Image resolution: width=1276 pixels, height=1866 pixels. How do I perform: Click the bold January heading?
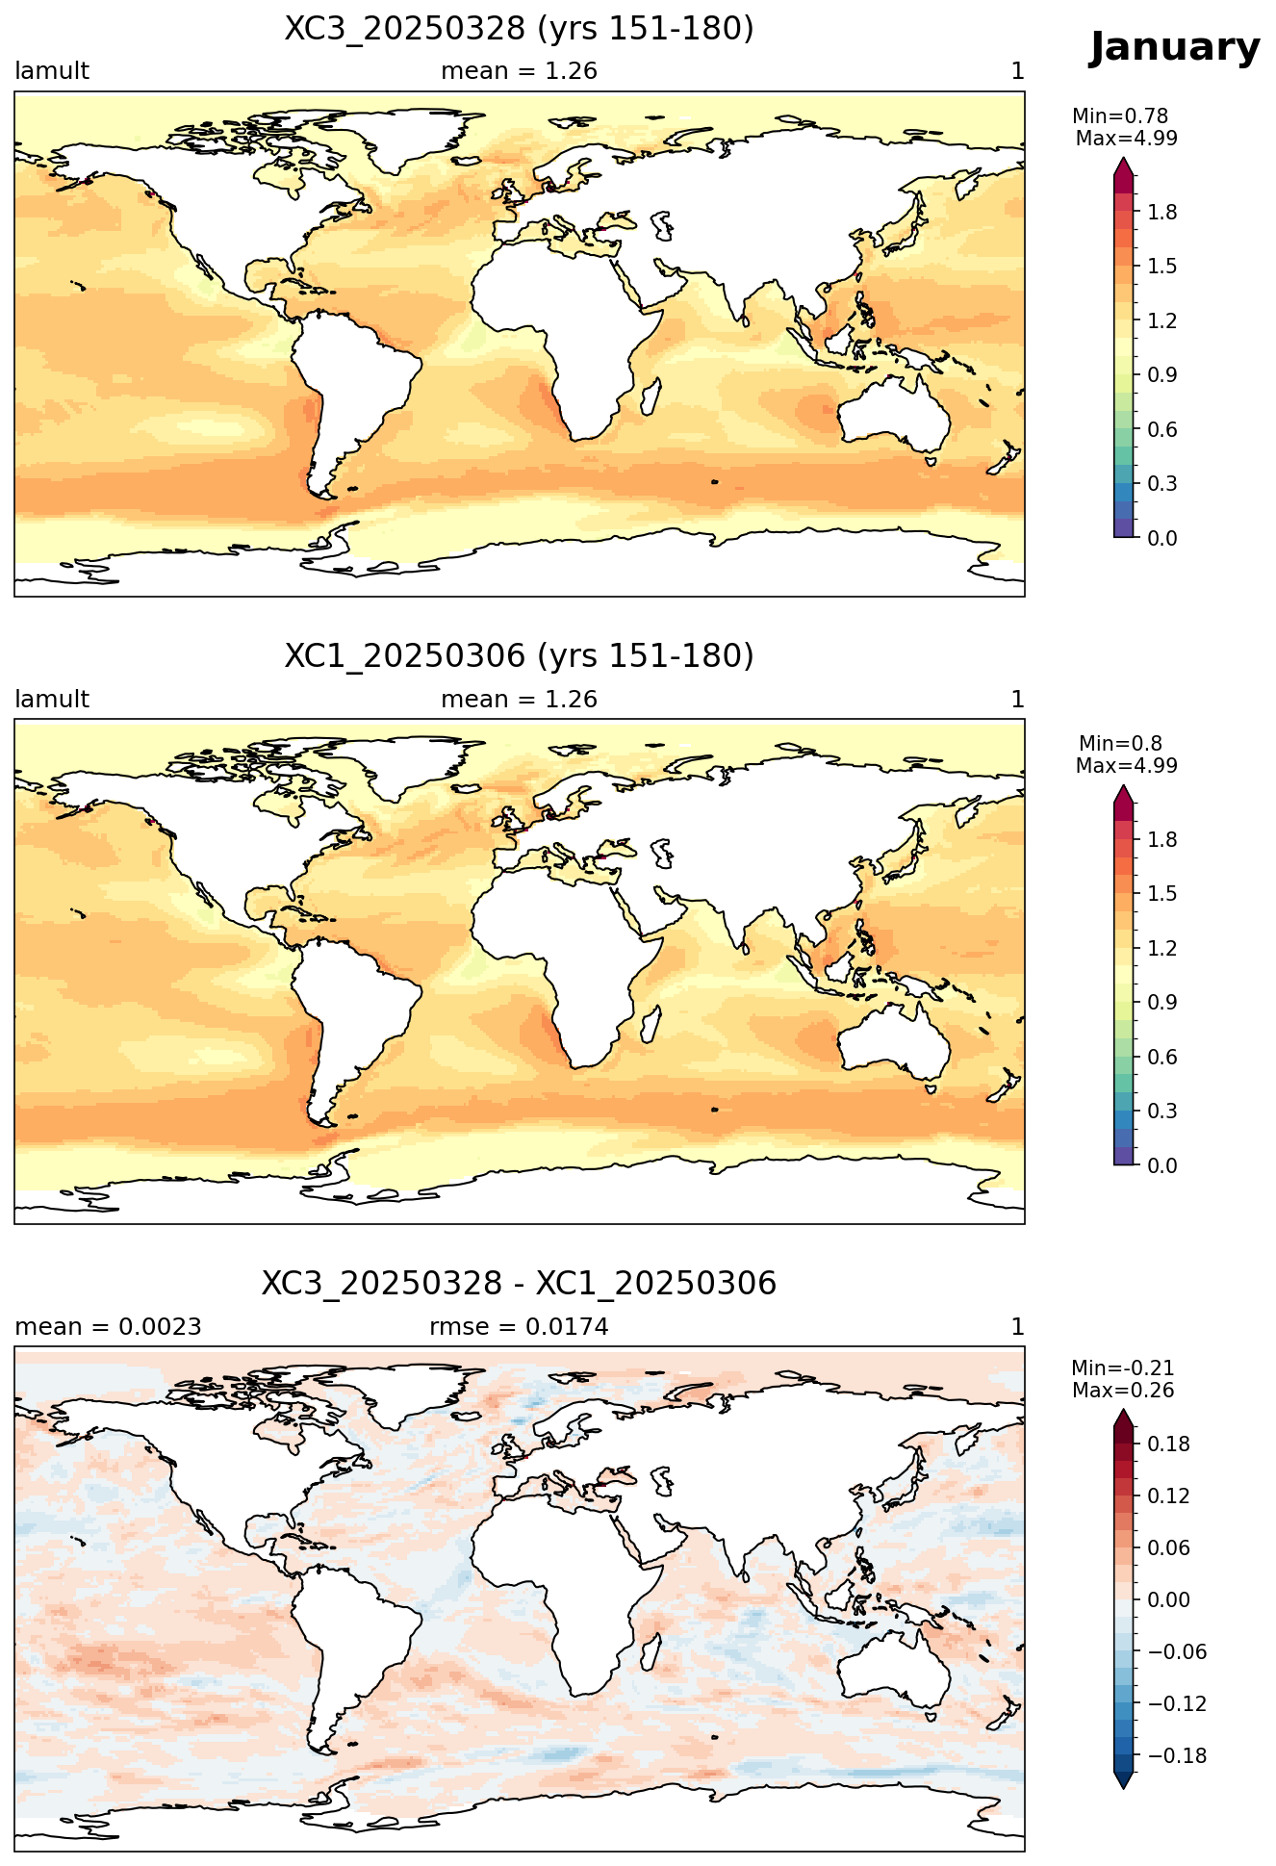click(1174, 48)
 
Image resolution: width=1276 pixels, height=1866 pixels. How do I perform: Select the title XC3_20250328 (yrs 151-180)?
click(519, 29)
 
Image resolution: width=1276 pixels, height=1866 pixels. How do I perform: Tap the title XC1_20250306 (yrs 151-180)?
click(519, 656)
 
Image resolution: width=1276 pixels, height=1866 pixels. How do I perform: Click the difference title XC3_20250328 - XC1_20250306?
click(519, 1284)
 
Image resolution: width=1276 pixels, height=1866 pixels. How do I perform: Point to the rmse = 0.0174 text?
click(519, 1327)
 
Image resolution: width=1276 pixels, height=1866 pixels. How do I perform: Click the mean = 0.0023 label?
click(108, 1327)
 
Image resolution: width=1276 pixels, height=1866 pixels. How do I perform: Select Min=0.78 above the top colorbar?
click(1120, 116)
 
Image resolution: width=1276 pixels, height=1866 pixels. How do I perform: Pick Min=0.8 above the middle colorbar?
click(1120, 743)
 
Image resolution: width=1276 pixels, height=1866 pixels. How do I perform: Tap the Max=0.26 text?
click(1123, 1391)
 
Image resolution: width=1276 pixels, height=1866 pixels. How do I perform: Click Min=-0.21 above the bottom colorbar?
click(1123, 1368)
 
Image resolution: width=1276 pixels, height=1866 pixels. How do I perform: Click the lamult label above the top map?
click(52, 71)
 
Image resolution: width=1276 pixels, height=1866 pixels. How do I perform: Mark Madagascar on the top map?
click(651, 396)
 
